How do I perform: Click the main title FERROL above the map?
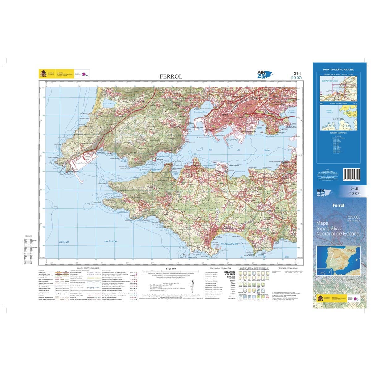pyautogui.click(x=171, y=76)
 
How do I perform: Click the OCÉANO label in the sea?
pyautogui.click(x=64, y=242)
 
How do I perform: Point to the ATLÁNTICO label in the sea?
pyautogui.click(x=110, y=242)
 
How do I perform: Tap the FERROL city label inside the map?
pyautogui.click(x=224, y=115)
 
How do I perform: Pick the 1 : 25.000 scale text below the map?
pyautogui.click(x=171, y=268)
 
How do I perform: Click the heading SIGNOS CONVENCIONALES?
pyautogui.click(x=87, y=268)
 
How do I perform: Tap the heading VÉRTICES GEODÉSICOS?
pyautogui.click(x=287, y=268)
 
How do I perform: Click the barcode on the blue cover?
pyautogui.click(x=352, y=177)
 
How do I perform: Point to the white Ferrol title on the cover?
pyautogui.click(x=338, y=205)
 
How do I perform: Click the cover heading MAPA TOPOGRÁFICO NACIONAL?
pyautogui.click(x=338, y=70)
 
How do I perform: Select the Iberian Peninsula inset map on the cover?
pyautogui.click(x=338, y=262)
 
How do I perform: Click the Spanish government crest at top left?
pyautogui.click(x=43, y=74)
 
